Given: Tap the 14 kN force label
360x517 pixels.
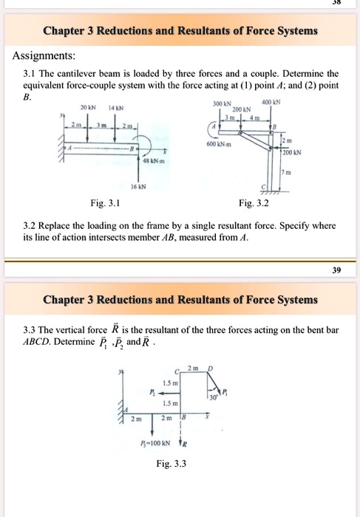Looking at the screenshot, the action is [115, 106].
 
